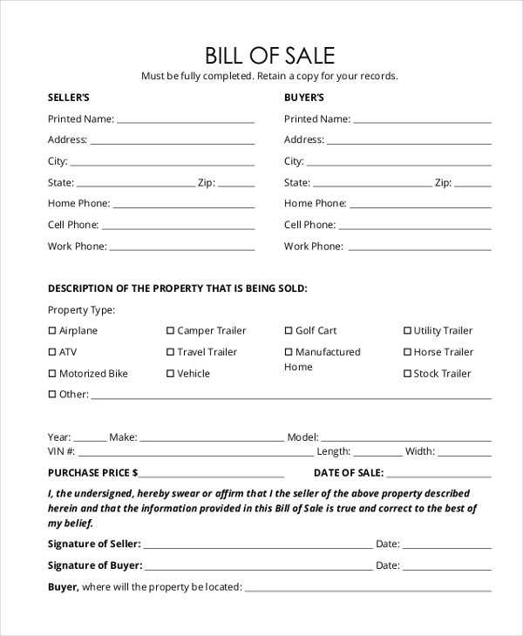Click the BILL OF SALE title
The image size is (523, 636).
click(x=269, y=56)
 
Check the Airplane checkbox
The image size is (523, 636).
click(x=52, y=331)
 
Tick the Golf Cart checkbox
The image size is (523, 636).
click(x=289, y=331)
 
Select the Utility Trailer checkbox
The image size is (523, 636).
click(x=407, y=331)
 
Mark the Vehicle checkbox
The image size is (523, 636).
click(x=171, y=374)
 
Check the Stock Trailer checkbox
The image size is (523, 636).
click(x=407, y=374)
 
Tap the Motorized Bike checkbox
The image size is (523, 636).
click(x=52, y=374)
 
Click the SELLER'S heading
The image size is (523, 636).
click(x=68, y=98)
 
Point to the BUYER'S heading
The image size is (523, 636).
click(x=303, y=98)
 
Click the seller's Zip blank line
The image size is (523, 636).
click(x=236, y=186)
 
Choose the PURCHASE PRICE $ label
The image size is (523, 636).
click(x=93, y=473)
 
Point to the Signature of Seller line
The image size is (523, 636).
click(x=258, y=547)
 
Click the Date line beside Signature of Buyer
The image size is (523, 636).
click(x=446, y=568)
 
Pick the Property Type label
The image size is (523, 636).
click(x=81, y=310)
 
